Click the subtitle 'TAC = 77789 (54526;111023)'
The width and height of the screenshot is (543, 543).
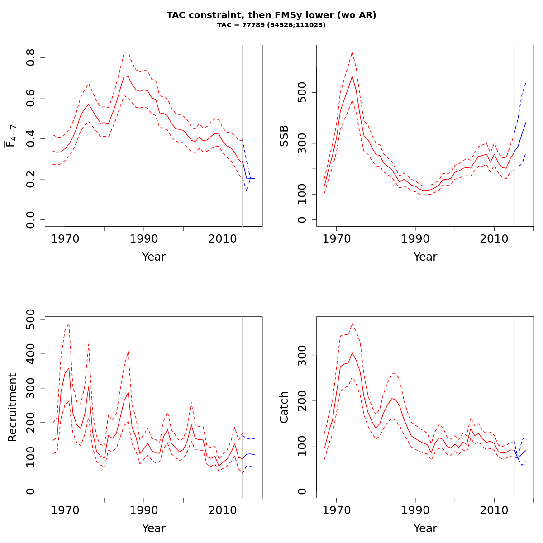click(x=271, y=25)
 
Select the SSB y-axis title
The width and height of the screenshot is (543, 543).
click(x=284, y=136)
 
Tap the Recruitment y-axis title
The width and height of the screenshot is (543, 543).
click(x=13, y=407)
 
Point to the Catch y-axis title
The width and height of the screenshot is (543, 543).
click(x=284, y=407)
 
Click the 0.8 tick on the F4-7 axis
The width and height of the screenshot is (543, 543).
click(x=31, y=58)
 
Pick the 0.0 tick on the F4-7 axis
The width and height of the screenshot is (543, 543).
click(x=31, y=219)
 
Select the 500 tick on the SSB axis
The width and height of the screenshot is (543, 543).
click(x=302, y=93)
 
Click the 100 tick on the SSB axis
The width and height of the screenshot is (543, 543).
click(x=302, y=194)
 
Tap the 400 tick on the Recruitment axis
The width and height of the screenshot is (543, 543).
click(x=31, y=354)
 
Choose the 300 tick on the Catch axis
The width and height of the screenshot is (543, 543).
click(x=302, y=356)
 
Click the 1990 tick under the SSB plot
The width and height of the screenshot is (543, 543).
click(x=415, y=239)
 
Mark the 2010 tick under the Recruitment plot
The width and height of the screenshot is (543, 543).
click(x=223, y=510)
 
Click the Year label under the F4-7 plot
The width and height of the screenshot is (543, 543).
click(x=154, y=257)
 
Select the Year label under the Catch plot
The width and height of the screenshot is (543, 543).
click(x=425, y=529)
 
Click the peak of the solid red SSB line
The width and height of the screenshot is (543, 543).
click(x=352, y=76)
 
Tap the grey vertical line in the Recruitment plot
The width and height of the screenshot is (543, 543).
click(x=243, y=407)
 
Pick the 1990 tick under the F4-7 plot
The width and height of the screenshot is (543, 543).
click(x=144, y=239)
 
